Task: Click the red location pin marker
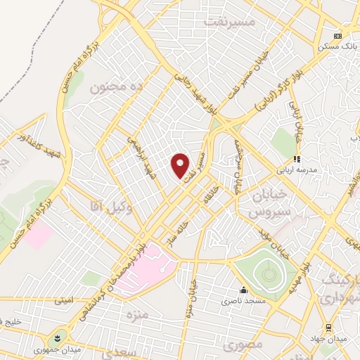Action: pyautogui.click(x=181, y=165)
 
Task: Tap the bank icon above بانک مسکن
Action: pyautogui.click(x=338, y=35)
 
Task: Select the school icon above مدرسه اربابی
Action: pyautogui.click(x=297, y=159)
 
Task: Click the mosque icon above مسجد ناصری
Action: pyautogui.click(x=243, y=290)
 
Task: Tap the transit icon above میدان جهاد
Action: pyautogui.click(x=328, y=328)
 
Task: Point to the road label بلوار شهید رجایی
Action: pyautogui.click(x=200, y=91)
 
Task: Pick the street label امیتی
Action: pyautogui.click(x=63, y=301)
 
